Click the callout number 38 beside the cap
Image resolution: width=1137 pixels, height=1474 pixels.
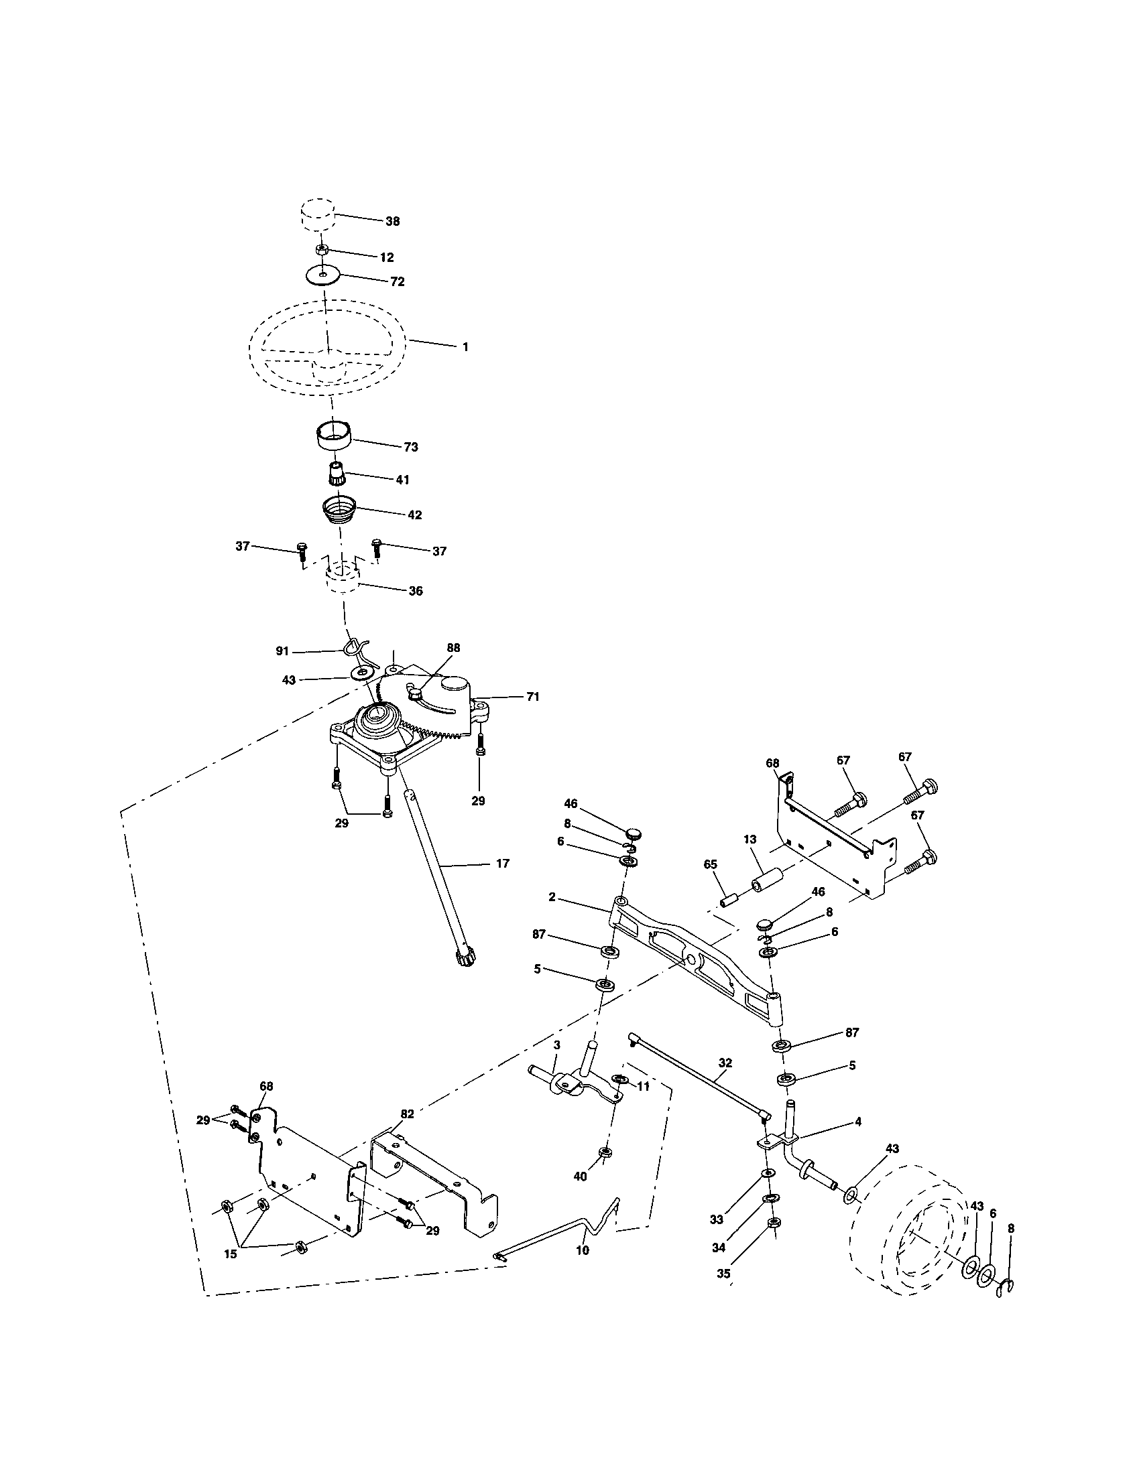pos(392,221)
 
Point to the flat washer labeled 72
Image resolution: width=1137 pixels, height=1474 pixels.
pos(322,275)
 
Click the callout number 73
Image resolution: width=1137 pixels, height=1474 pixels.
pos(410,447)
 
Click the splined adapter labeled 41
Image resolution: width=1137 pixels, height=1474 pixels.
pos(337,472)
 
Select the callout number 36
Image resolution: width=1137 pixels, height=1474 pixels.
pos(416,590)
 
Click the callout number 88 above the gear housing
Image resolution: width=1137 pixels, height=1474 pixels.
pos(453,647)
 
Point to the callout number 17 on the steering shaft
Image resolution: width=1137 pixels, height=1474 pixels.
pos(502,863)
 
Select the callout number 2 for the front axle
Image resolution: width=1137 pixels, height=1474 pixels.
pos(552,897)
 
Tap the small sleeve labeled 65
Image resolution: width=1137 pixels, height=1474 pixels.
pos(730,900)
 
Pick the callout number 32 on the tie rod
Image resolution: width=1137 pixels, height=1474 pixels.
pos(725,1062)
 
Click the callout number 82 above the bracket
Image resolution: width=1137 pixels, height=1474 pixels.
pos(407,1114)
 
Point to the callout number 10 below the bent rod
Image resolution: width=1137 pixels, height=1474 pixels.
pos(583,1250)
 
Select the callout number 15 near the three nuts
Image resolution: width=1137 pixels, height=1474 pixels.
pos(230,1254)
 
